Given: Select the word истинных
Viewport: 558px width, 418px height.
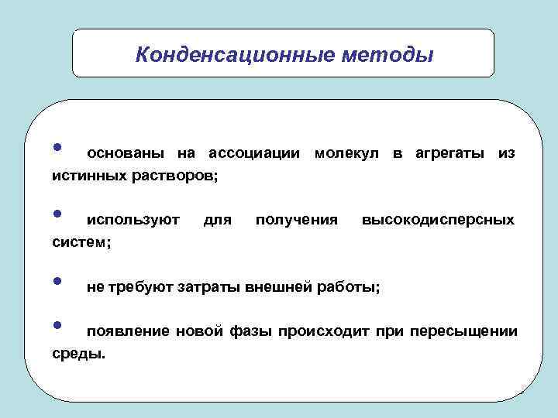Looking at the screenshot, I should tap(86, 176).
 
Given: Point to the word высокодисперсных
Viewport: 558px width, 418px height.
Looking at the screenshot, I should tap(438, 221).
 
